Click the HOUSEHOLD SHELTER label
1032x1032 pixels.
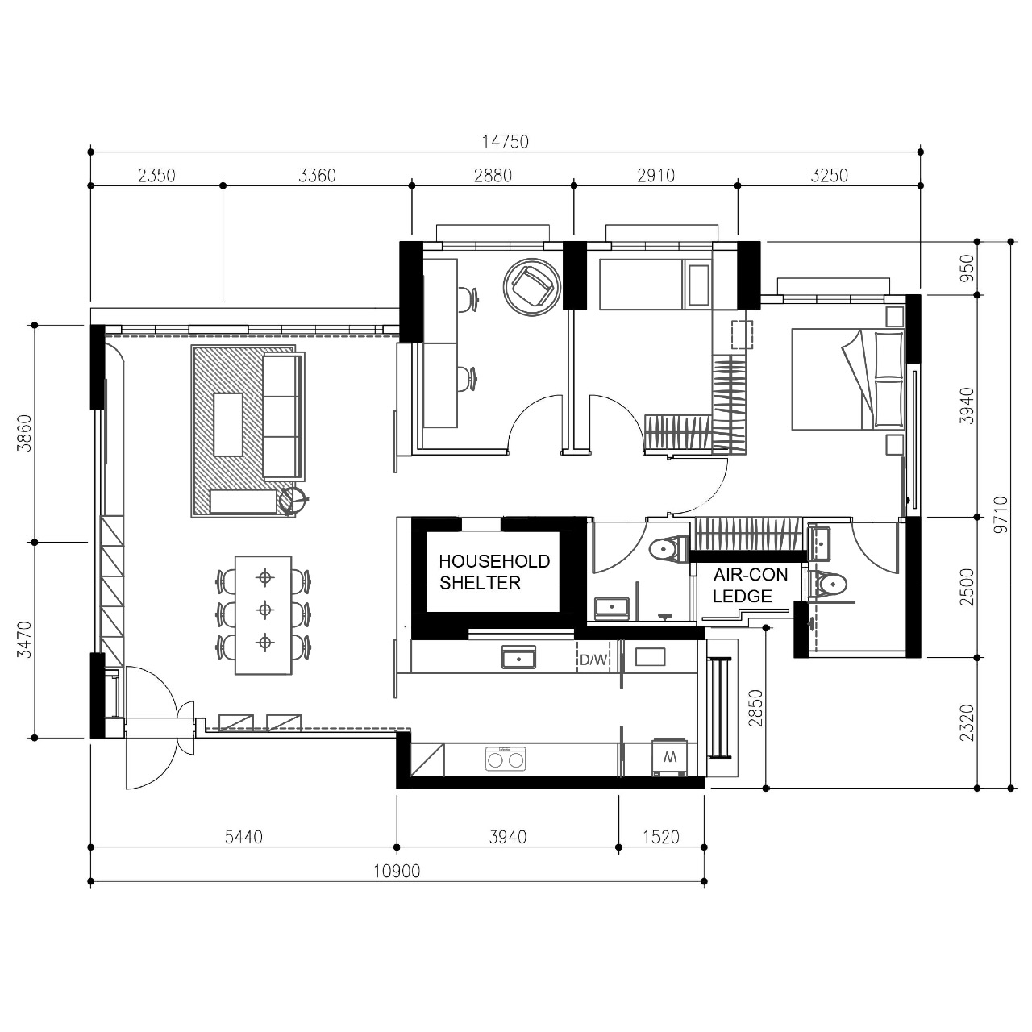click(493, 572)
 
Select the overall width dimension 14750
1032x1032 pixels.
click(506, 142)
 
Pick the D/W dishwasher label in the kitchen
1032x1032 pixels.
click(593, 660)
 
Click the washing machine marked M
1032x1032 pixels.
click(668, 757)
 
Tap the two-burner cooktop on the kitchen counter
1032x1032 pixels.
click(505, 758)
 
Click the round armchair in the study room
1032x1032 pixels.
click(531, 285)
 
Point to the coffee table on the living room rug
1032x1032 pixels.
click(229, 424)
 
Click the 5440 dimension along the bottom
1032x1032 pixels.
click(243, 837)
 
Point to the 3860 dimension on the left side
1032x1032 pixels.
click(24, 433)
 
